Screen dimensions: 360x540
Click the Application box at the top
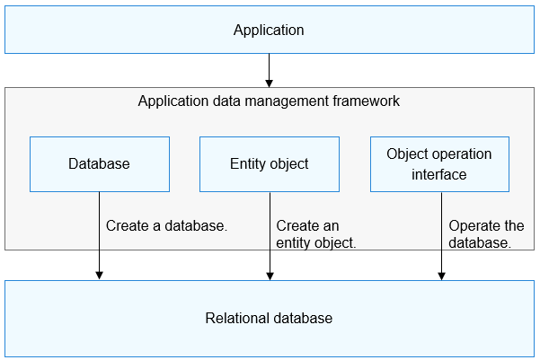(269, 31)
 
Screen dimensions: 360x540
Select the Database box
(99, 164)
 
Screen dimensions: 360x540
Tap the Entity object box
(269, 164)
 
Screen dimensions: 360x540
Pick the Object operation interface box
(439, 164)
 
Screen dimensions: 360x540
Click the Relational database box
(269, 319)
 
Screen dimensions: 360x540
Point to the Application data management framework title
(269, 101)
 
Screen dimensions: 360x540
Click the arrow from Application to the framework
(269, 69)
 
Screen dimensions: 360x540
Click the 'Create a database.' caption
(166, 226)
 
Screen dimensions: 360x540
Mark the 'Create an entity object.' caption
(316, 234)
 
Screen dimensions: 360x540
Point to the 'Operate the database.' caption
(486, 234)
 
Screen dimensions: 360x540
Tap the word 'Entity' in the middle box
(249, 164)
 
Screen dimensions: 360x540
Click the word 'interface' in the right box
(439, 175)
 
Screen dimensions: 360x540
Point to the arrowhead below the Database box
(99, 274)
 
